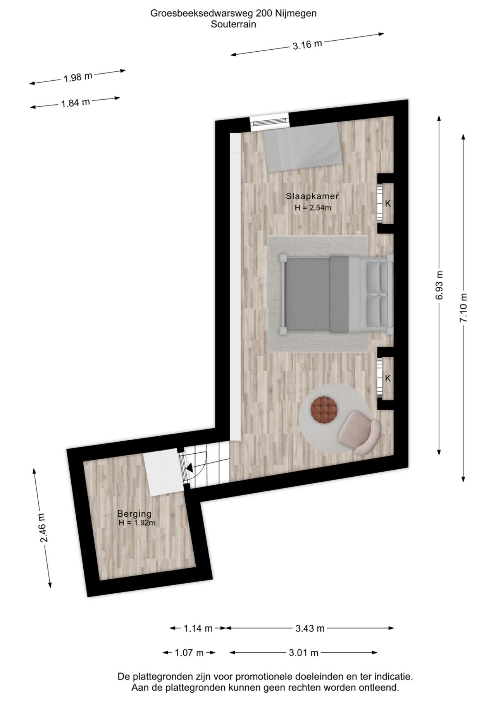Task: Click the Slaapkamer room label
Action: coord(312,196)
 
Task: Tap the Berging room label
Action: coord(134,514)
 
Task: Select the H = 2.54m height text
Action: coord(313,207)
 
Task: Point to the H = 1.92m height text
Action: coord(137,523)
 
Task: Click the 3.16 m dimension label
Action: coord(307,45)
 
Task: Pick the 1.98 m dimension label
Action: coord(78,77)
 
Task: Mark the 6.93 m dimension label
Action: coord(439,285)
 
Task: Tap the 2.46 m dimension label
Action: coord(43,528)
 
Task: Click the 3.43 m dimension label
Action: coord(310,628)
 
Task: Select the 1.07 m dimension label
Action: coord(189,653)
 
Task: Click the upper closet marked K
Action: coord(386,203)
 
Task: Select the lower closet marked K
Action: coord(386,378)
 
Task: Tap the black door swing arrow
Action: coord(189,468)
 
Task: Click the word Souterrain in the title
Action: coord(233,24)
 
